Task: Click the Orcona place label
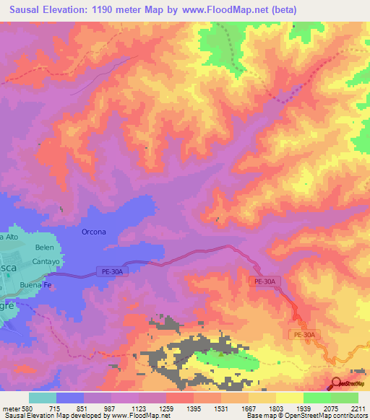tap(94, 232)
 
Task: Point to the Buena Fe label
tap(36, 284)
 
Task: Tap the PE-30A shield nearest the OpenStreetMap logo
tap(304, 335)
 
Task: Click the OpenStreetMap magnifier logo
tap(336, 384)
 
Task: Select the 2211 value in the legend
tap(358, 408)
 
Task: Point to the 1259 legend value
tap(165, 408)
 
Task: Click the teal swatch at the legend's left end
tap(43, 398)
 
